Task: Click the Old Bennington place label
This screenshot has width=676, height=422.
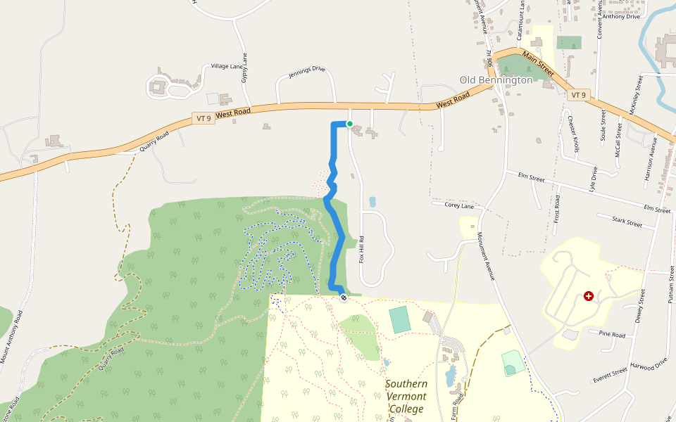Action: tap(496, 80)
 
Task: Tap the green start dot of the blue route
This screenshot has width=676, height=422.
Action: tap(349, 124)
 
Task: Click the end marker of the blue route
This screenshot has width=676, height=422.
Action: tap(344, 298)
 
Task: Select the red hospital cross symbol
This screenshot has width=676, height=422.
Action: tap(589, 297)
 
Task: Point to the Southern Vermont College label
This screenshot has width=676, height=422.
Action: tap(406, 397)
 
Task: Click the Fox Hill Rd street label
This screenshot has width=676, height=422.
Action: tap(362, 249)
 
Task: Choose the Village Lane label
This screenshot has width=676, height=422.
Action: tap(226, 66)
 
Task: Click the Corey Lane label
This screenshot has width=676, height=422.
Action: tap(458, 206)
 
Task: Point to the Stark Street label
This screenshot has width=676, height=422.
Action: tap(627, 223)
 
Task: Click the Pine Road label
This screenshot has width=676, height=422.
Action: tap(612, 335)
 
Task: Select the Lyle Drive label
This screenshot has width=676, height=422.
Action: tap(594, 179)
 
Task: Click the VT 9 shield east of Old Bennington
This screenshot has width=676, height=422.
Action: tap(579, 95)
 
